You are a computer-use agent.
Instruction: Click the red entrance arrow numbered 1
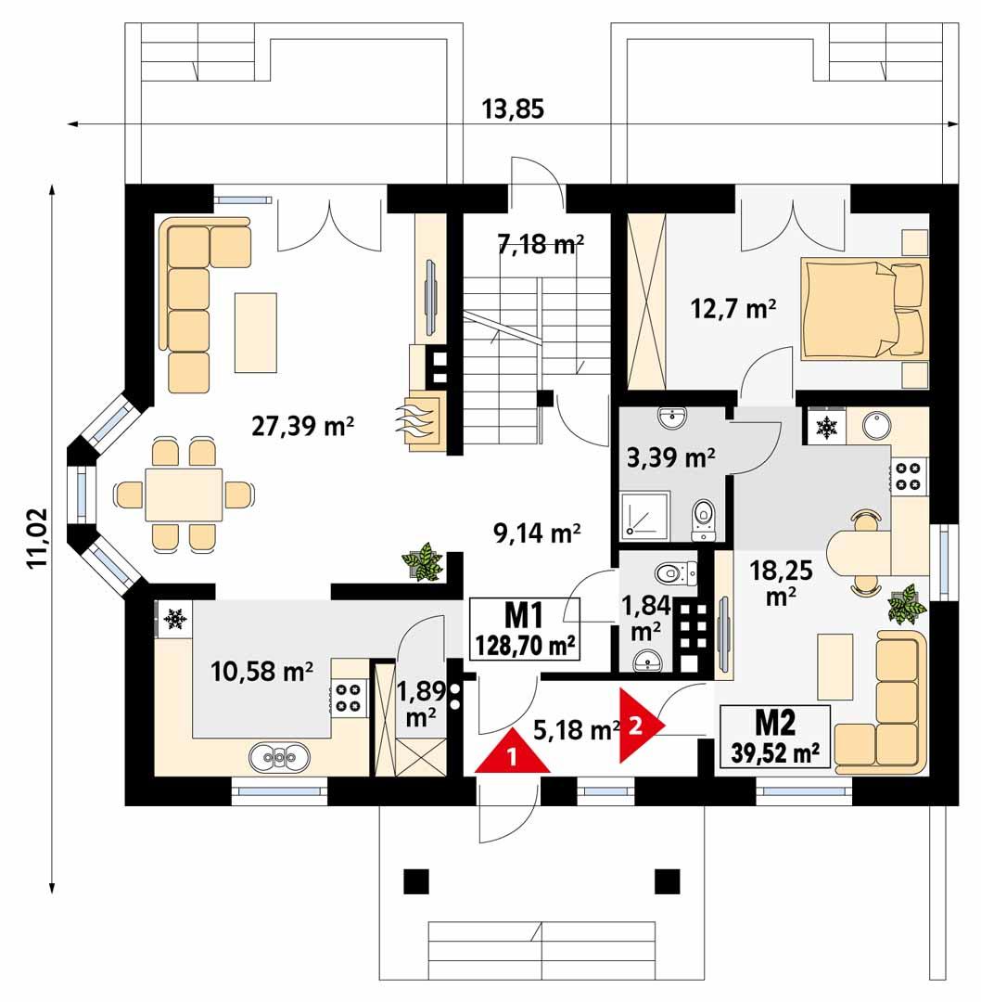click(x=512, y=754)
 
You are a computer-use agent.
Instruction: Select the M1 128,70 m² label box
click(x=525, y=629)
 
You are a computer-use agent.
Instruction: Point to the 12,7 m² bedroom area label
click(x=733, y=308)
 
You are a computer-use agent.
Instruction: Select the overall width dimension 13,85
click(x=513, y=109)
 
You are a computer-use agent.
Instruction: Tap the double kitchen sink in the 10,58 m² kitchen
click(x=278, y=758)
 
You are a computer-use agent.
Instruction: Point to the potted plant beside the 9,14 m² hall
click(x=423, y=562)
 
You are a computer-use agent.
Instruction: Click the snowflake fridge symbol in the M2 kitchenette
click(x=824, y=428)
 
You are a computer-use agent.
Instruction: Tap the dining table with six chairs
click(x=183, y=494)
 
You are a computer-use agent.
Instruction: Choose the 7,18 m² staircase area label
click(x=539, y=245)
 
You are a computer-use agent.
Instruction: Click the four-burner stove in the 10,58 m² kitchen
click(x=349, y=697)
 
